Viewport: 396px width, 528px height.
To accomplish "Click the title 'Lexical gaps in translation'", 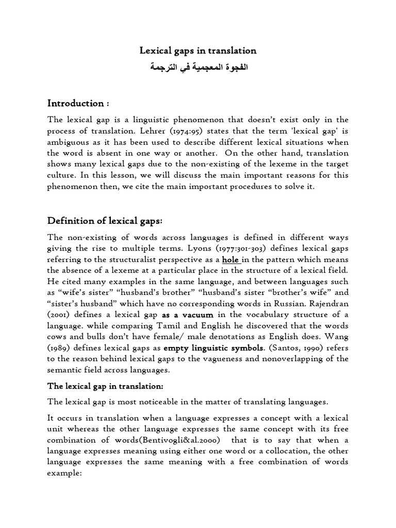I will [x=198, y=51].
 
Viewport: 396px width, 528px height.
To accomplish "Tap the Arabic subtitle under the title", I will [x=198, y=68].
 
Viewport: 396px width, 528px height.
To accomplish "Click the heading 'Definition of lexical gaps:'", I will [x=105, y=221].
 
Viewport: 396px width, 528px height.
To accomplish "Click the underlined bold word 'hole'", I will [x=230, y=259].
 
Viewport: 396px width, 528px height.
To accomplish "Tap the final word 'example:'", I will [x=65, y=473].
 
